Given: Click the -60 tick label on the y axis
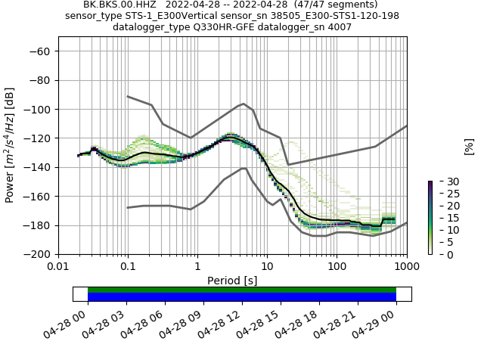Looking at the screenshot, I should click(x=40, y=51).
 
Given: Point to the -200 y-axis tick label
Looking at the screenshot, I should click(x=37, y=255).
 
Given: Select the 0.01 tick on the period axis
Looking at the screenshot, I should click(x=58, y=266).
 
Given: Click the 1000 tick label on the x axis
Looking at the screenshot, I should click(x=406, y=266).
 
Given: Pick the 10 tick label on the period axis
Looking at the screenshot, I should click(x=267, y=266).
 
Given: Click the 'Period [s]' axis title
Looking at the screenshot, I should click(x=232, y=281).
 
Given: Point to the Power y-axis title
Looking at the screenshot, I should click(x=10, y=145).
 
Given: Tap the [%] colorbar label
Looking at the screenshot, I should click(x=469, y=146).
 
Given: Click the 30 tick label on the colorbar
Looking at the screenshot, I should click(x=442, y=181).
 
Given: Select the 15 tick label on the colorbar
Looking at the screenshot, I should click(x=442, y=218).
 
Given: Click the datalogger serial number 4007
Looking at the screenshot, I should click(x=339, y=27).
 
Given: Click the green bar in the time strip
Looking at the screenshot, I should click(x=242, y=290).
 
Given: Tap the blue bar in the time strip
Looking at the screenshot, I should click(x=242, y=297).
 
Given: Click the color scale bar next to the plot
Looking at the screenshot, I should click(x=430, y=218).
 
